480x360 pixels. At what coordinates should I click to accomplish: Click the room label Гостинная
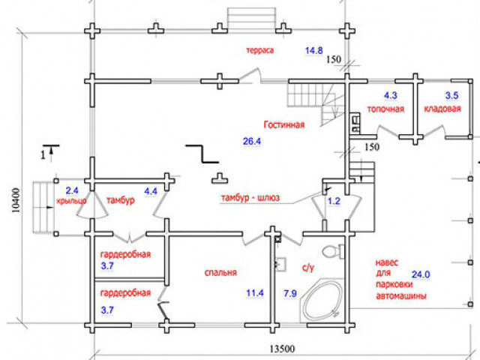[x=284, y=124]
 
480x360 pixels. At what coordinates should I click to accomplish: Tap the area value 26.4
[x=252, y=141]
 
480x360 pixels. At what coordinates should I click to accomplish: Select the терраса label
[x=260, y=50]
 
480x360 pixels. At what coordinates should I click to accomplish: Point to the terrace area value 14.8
[x=314, y=50]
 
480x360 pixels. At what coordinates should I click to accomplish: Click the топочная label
[x=385, y=109]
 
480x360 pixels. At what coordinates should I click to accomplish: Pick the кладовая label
[x=442, y=109]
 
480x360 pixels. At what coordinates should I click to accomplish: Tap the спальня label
[x=220, y=272]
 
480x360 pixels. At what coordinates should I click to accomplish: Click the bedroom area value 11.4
[x=255, y=293]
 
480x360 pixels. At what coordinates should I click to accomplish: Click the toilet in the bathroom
[x=333, y=252]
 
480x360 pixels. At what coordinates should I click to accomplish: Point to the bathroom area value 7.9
[x=290, y=293]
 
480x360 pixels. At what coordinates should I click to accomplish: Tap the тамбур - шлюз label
[x=250, y=198]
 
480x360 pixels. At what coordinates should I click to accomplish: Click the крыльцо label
[x=71, y=201]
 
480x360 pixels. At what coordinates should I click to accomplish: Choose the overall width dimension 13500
[x=283, y=349]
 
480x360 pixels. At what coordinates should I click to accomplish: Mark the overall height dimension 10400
[x=16, y=200]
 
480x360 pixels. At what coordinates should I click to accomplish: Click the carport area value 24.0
[x=421, y=274]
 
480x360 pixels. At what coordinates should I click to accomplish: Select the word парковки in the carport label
[x=394, y=284]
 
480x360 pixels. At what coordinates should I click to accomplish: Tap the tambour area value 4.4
[x=151, y=192]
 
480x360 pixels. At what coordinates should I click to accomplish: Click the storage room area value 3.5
[x=451, y=95]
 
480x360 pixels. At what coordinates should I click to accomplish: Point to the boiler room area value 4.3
[x=391, y=95]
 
